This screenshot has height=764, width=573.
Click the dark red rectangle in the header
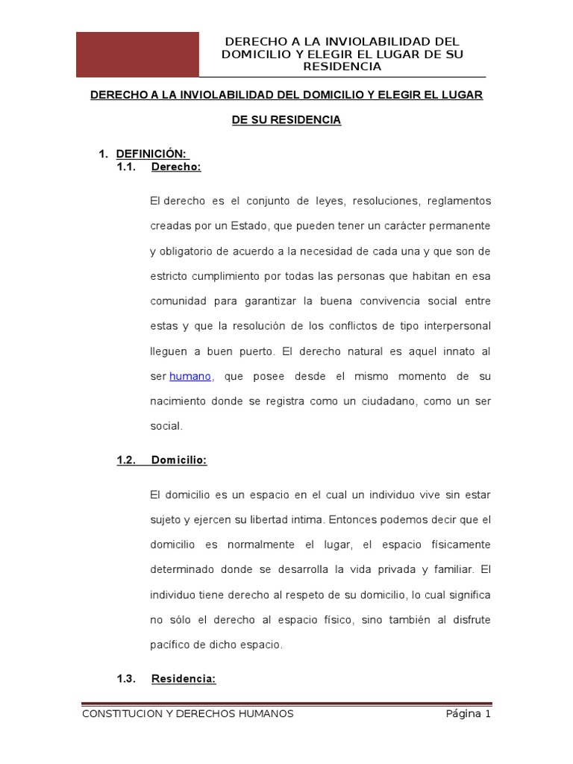click(138, 54)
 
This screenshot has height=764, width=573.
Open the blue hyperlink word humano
click(191, 376)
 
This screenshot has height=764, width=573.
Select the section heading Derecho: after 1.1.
click(176, 167)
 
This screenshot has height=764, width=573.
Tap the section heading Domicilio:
click(178, 460)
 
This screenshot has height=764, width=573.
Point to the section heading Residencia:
click(184, 678)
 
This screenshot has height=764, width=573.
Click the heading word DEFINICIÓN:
click(145, 154)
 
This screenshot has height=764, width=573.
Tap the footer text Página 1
click(468, 714)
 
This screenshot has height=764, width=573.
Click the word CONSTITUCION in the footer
click(116, 714)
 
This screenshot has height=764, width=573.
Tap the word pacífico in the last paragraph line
click(171, 645)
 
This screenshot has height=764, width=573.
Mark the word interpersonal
click(456, 326)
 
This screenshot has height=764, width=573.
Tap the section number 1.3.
click(126, 678)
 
